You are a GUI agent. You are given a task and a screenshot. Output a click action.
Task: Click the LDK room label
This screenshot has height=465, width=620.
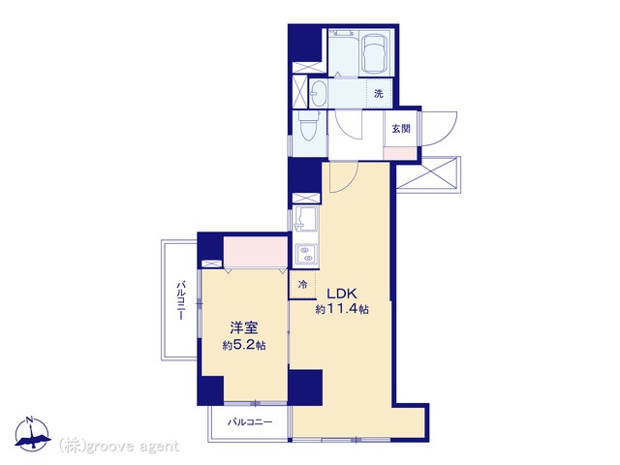click(x=342, y=294)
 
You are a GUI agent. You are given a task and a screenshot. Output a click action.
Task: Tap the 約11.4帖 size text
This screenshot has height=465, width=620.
click(x=342, y=309)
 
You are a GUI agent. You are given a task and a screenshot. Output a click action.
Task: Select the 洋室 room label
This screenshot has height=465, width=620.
click(x=244, y=327)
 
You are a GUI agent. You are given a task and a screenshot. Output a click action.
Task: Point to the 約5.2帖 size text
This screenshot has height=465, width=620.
click(x=244, y=345)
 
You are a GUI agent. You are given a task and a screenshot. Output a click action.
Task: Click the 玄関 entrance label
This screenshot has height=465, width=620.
click(x=401, y=129)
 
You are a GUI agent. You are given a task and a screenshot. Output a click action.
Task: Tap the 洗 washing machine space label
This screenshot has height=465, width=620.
click(x=379, y=94)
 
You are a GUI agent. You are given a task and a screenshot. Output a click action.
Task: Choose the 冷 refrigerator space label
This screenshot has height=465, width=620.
click(x=302, y=284)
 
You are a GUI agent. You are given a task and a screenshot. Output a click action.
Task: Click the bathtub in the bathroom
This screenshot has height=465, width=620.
click(x=374, y=54)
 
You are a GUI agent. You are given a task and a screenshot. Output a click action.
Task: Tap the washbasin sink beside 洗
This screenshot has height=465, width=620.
click(x=319, y=93)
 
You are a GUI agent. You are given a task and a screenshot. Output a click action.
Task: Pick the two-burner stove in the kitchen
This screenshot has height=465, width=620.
click(x=305, y=255)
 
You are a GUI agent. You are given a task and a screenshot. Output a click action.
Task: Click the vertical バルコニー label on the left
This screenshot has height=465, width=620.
click(x=181, y=300)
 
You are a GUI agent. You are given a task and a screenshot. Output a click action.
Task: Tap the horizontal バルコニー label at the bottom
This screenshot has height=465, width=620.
click(x=250, y=422)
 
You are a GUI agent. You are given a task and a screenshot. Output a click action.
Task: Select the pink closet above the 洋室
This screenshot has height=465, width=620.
click(x=256, y=252)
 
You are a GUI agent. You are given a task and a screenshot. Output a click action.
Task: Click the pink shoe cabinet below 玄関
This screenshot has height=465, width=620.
click(x=400, y=153)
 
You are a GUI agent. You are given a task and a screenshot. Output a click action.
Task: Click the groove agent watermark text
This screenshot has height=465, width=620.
click(x=119, y=447)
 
